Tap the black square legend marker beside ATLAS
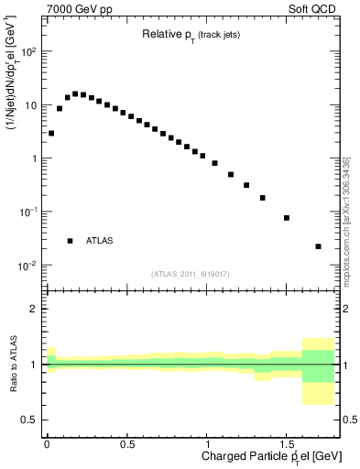(x=70, y=241)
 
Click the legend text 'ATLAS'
(x=100, y=241)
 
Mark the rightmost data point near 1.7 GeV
(x=318, y=246)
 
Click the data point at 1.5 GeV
(x=287, y=218)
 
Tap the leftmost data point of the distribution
(x=51, y=133)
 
